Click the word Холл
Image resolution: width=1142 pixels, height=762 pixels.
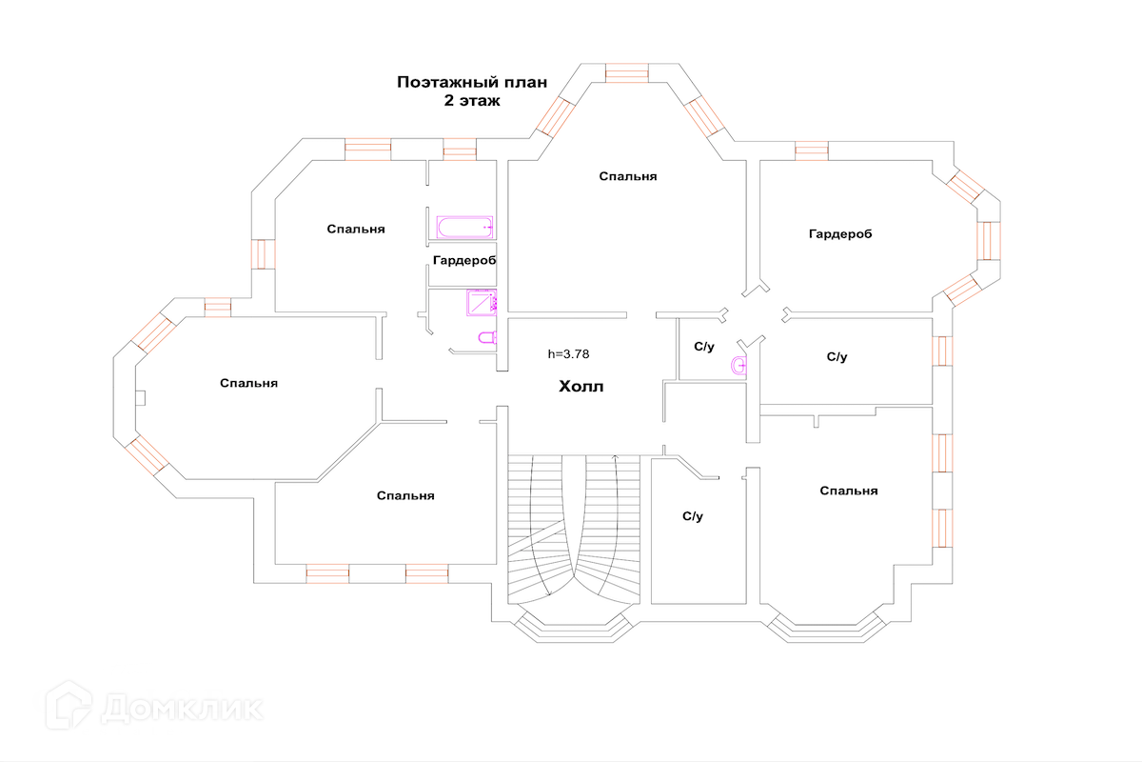click(x=581, y=388)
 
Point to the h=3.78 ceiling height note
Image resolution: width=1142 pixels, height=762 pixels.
click(x=568, y=353)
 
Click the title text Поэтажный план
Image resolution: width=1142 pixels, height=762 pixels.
click(x=472, y=82)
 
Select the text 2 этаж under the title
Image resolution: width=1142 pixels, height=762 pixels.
click(x=472, y=100)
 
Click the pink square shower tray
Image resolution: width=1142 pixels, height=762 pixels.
click(x=482, y=302)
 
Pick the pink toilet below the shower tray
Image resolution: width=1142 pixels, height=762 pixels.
click(x=486, y=337)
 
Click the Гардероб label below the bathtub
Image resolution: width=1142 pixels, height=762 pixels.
click(x=464, y=260)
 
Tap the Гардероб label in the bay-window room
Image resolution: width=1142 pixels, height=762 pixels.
click(x=840, y=233)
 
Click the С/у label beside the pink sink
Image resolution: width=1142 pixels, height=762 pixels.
click(x=703, y=347)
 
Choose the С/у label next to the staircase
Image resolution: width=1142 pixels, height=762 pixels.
click(x=692, y=516)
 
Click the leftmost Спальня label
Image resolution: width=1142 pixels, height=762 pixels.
click(x=248, y=383)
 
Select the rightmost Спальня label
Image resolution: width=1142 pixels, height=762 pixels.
click(x=848, y=491)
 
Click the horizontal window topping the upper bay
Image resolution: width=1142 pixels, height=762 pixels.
click(x=626, y=73)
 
